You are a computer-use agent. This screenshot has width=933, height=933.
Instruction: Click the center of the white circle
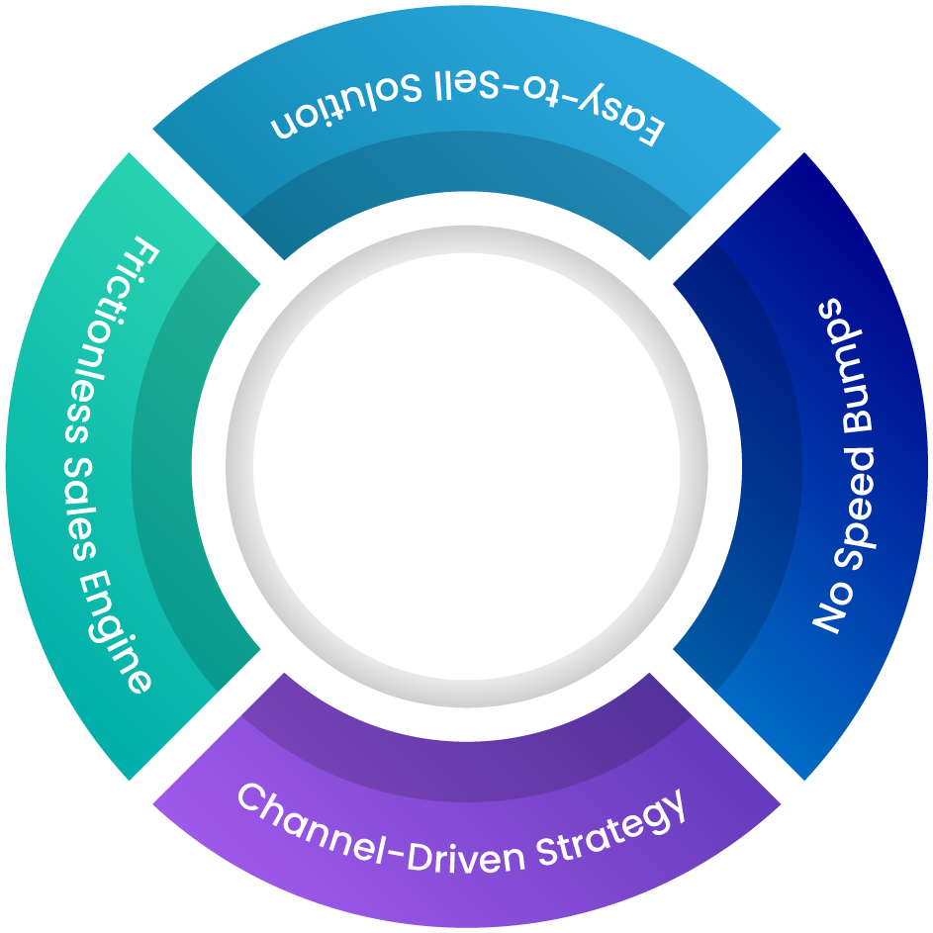(466, 466)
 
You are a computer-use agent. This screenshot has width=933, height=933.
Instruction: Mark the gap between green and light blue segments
(208, 208)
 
